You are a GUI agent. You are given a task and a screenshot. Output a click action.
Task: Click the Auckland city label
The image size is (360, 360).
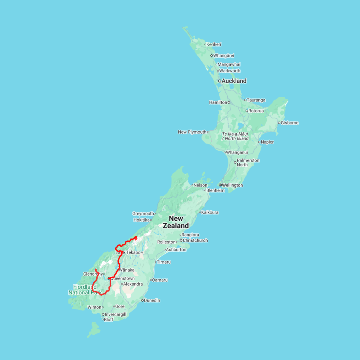234,81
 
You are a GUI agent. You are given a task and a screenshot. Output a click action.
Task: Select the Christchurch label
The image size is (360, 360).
195,240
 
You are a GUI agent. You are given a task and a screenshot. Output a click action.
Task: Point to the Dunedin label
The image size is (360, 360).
152,300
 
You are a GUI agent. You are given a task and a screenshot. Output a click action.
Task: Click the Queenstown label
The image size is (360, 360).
123,278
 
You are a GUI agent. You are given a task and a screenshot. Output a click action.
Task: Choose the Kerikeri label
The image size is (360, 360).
214,44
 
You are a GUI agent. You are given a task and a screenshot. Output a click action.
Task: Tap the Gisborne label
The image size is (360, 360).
290,123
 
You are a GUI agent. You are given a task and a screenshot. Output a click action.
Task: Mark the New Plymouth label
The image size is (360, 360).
192,132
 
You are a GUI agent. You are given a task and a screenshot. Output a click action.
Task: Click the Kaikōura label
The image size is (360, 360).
210,212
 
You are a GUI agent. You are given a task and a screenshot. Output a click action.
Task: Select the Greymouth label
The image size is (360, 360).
143,214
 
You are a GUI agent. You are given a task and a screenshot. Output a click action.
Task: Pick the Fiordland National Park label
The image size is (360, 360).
84,290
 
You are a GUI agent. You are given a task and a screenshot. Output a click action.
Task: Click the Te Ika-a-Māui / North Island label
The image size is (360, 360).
235,136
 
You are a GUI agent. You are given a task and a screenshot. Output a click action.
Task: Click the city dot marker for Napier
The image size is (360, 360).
259,142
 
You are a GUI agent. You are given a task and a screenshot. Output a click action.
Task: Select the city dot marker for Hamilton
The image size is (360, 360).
229,102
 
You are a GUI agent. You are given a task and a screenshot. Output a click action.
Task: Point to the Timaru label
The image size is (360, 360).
164,262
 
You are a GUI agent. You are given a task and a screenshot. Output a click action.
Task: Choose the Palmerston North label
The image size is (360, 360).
248,162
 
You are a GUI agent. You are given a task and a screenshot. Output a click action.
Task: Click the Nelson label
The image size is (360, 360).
201,185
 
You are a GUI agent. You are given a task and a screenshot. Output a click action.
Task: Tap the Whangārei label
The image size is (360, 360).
224,56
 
